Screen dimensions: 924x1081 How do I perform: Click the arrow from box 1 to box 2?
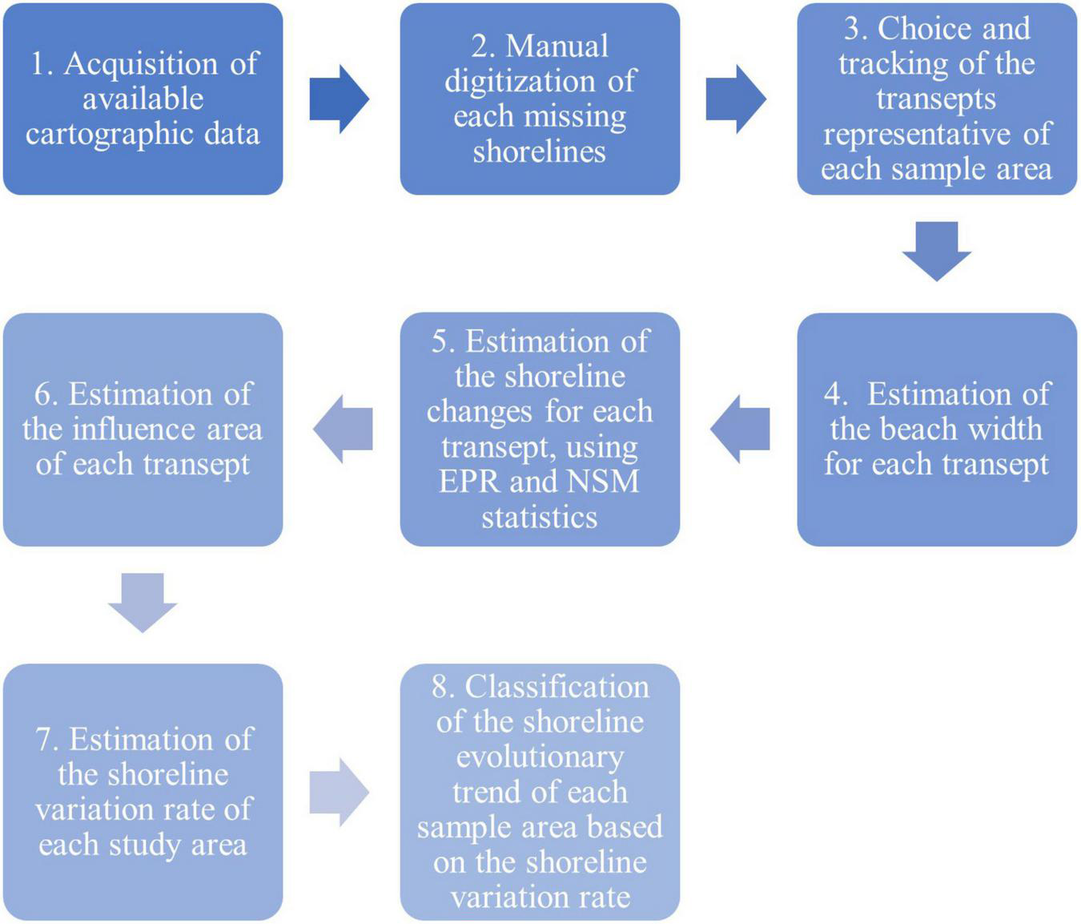pos(339,99)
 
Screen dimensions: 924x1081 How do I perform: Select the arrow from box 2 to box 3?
pos(735,99)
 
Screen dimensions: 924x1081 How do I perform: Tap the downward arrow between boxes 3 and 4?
pos(936,251)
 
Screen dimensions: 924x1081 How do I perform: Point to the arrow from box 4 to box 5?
pos(740,429)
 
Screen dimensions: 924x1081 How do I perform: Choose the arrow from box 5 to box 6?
pos(343,429)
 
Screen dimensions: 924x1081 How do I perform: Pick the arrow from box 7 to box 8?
pos(339,792)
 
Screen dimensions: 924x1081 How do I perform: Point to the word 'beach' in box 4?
pos(921,429)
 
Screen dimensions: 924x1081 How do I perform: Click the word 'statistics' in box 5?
pos(539,517)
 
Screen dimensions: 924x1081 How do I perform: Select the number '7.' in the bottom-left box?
pos(47,739)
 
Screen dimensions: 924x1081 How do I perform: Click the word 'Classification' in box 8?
pos(557,687)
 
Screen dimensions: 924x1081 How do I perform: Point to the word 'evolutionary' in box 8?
pos(539,757)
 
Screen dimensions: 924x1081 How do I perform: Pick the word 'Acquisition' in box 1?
pos(141,63)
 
